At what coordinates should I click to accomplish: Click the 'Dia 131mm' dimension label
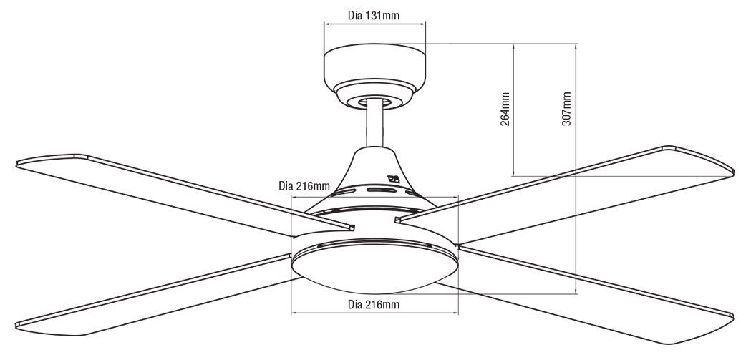click(374, 15)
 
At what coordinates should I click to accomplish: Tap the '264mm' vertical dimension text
click(505, 110)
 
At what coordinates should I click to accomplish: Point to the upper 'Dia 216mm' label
click(304, 186)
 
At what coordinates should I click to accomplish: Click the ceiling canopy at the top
click(374, 76)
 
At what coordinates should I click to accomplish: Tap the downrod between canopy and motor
click(374, 125)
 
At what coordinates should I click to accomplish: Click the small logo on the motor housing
click(394, 180)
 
